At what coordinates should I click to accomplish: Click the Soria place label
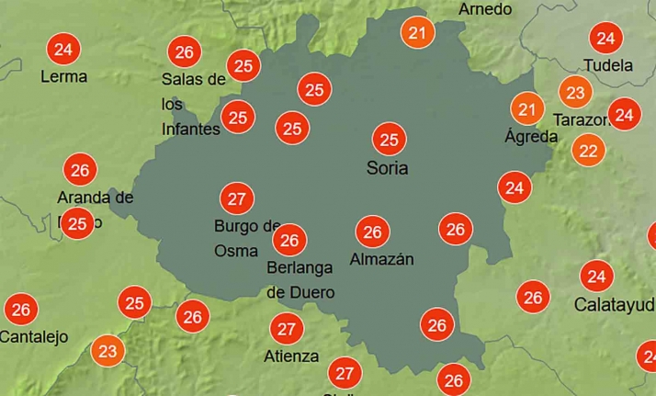coord(387,168)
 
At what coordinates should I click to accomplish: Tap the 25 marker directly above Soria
coord(389,140)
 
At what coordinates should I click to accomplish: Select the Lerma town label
coord(64,76)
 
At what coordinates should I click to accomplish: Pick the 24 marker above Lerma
coord(63,48)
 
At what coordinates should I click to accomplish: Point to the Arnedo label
coord(484,9)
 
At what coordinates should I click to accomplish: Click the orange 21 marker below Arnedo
coord(419,34)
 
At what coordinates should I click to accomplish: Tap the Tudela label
coord(608,65)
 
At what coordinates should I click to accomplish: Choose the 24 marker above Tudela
coord(605,39)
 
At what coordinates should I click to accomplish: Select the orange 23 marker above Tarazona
coord(575,93)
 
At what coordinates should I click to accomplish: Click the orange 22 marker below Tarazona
coord(588,150)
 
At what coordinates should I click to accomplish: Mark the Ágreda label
coord(531,137)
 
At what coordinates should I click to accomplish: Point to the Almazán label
coord(381,259)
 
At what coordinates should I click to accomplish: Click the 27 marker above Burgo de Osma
coord(236,198)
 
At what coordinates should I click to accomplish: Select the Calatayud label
coord(615,304)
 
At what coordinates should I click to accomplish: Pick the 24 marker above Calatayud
coord(597,276)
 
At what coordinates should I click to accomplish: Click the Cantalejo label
coord(34,337)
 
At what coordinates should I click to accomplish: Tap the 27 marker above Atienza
coord(287,328)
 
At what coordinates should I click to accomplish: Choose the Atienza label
coord(292,356)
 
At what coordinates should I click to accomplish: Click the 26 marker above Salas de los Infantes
coord(184,51)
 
